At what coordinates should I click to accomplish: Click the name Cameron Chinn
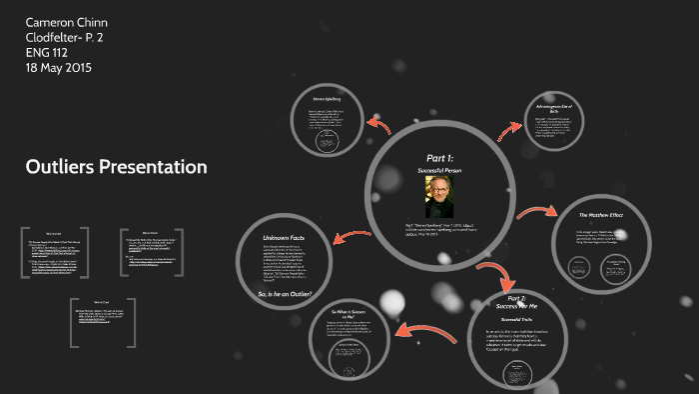coord(67,22)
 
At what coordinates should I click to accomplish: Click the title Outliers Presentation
coord(116,167)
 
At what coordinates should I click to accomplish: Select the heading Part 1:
coord(439,158)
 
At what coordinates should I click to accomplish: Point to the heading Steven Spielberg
coord(326,99)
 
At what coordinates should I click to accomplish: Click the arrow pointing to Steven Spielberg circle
coord(377,124)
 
